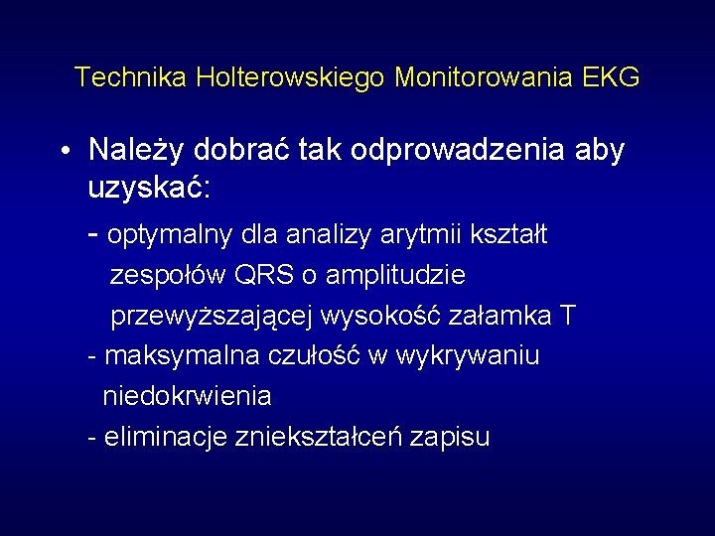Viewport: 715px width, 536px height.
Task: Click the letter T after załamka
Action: (x=566, y=316)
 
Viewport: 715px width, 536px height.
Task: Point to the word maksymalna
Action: (x=182, y=355)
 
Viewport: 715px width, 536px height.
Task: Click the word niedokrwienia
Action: (x=187, y=396)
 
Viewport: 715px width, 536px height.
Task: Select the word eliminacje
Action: (x=164, y=437)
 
